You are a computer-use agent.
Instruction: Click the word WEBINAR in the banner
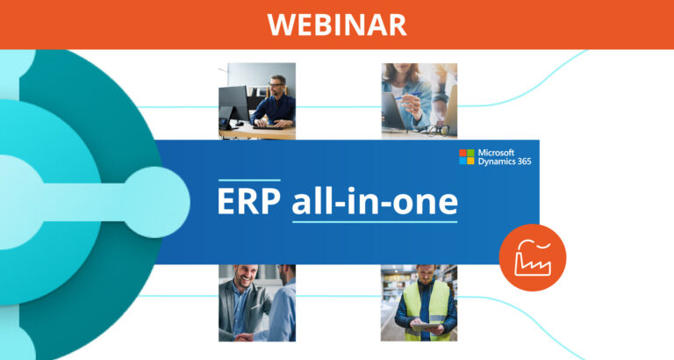[x=337, y=24]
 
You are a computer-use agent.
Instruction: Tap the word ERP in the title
[x=250, y=201]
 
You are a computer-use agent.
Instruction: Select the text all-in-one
[x=375, y=201]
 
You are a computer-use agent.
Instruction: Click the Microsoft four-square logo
[x=467, y=157]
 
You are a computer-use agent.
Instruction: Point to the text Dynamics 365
[x=505, y=162]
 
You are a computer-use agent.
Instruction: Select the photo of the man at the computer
[x=257, y=100]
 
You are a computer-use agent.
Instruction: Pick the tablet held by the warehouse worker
[x=427, y=325]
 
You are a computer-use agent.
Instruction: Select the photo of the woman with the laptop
[x=419, y=100]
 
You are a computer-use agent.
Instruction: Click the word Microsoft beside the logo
[x=498, y=152]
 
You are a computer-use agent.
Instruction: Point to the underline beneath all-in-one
[x=375, y=220]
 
